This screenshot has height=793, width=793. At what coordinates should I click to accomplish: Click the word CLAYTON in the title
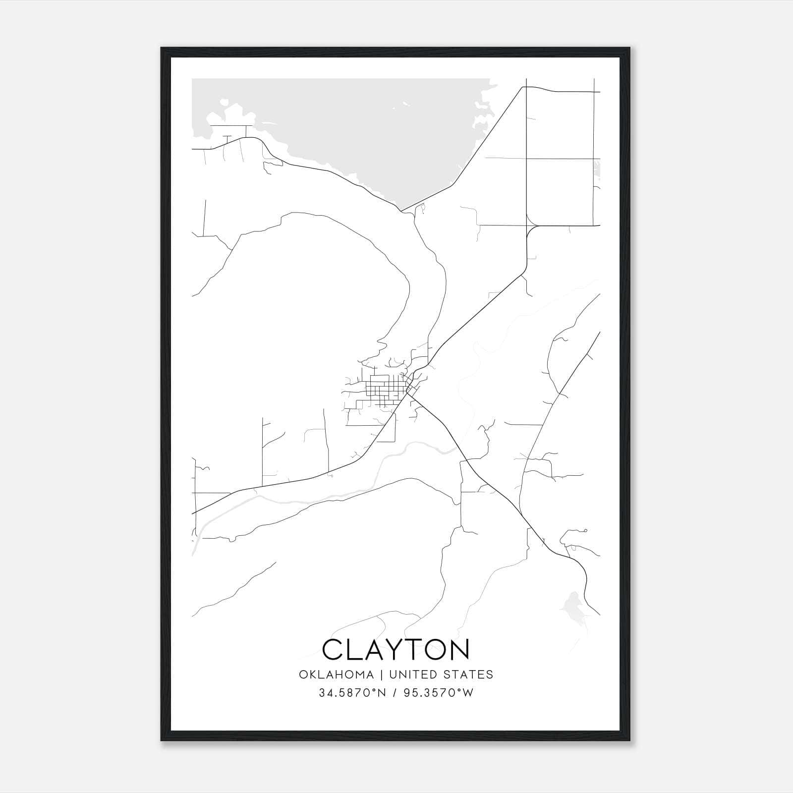click(396, 649)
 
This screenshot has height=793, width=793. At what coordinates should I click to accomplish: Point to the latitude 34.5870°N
click(352, 693)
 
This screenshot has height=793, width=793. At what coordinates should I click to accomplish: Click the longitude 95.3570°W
click(438, 693)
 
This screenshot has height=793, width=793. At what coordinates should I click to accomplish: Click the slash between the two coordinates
click(395, 693)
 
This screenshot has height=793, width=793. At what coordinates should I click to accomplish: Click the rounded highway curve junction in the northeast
click(529, 228)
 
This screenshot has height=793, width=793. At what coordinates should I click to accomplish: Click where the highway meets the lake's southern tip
click(401, 210)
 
